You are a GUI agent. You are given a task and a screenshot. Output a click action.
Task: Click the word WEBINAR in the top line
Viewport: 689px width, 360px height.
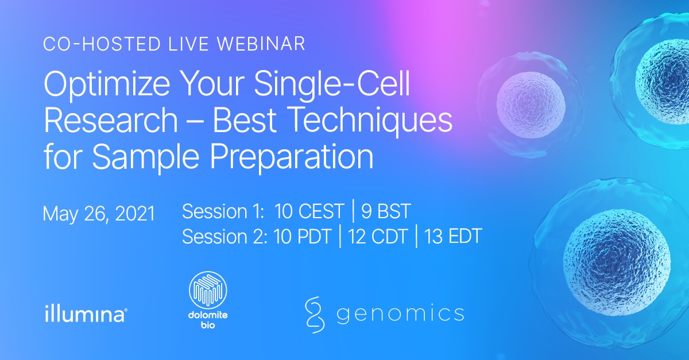[261, 44]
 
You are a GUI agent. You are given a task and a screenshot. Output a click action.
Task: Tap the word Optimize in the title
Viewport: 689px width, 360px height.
[107, 84]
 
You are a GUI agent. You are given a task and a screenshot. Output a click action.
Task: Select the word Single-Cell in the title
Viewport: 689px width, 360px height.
[332, 84]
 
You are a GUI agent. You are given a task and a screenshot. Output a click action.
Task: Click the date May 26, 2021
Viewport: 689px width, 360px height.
[99, 214]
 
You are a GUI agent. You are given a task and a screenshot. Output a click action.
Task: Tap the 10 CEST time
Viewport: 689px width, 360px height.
[309, 211]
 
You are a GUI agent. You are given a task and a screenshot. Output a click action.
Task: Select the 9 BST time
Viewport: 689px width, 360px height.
[386, 211]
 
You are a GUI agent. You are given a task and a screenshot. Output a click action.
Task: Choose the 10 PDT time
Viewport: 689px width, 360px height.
[303, 237]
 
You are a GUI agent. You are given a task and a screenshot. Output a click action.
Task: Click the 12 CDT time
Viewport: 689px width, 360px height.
[378, 237]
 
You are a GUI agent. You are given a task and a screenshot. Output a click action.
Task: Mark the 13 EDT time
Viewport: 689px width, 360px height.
[453, 237]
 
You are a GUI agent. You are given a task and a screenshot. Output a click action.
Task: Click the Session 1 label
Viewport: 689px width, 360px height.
[223, 211]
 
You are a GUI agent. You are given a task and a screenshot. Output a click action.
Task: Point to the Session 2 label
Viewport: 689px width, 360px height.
[225, 237]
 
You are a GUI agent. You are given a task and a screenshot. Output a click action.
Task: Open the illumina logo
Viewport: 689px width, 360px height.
[86, 314]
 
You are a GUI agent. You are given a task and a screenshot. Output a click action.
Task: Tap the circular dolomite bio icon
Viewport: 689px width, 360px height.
[208, 290]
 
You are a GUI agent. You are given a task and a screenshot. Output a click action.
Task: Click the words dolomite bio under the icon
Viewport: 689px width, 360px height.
[208, 320]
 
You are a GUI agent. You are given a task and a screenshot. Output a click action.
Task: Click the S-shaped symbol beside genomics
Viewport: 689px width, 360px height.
[315, 315]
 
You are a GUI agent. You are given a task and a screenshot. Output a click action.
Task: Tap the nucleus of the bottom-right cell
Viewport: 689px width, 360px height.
[617, 262]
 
